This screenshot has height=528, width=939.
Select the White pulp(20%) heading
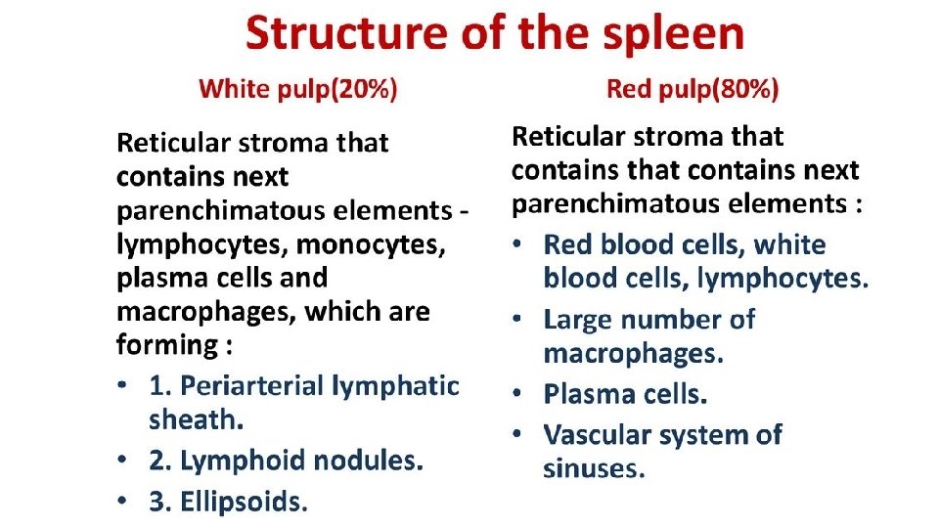tap(298, 90)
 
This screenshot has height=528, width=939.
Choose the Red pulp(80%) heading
tap(693, 90)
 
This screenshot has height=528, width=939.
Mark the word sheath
tap(196, 419)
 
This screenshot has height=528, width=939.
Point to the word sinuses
tap(594, 468)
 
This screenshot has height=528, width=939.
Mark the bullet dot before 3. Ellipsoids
tap(121, 502)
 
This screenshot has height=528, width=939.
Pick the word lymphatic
tap(395, 385)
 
